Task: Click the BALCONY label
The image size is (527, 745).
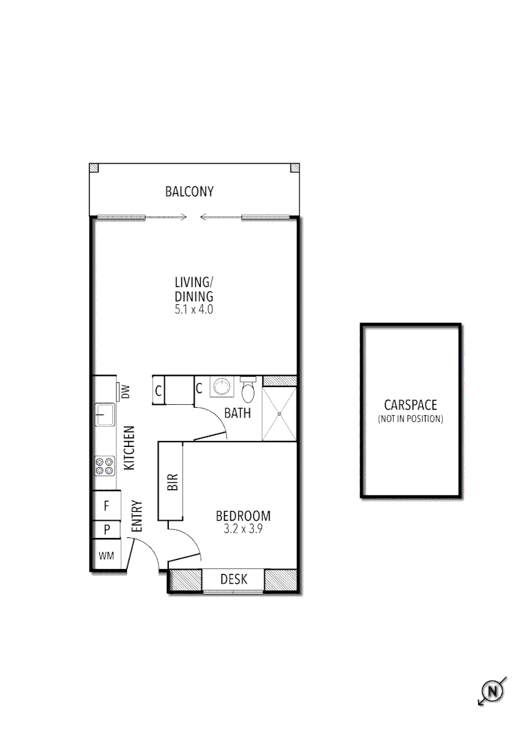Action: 189,192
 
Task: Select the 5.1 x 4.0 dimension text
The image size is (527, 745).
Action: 194,310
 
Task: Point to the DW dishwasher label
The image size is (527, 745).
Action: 126,392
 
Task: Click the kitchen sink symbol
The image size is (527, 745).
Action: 105,415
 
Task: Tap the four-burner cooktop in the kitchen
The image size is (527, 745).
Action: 105,466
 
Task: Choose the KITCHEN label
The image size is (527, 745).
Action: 129,448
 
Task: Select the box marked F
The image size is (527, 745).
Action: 106,506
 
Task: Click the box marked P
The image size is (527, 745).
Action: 106,530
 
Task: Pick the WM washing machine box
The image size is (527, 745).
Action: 106,555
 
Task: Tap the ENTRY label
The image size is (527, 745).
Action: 137,515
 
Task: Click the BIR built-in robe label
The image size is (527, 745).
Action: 172,481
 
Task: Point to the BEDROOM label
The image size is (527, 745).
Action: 243,515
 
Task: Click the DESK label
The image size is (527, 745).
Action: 233,579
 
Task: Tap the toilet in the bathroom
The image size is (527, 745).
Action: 248,390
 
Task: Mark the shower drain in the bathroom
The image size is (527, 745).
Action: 279,414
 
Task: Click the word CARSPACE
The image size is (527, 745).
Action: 410,406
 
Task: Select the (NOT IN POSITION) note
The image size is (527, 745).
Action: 410,419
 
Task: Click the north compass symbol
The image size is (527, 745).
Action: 492,691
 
